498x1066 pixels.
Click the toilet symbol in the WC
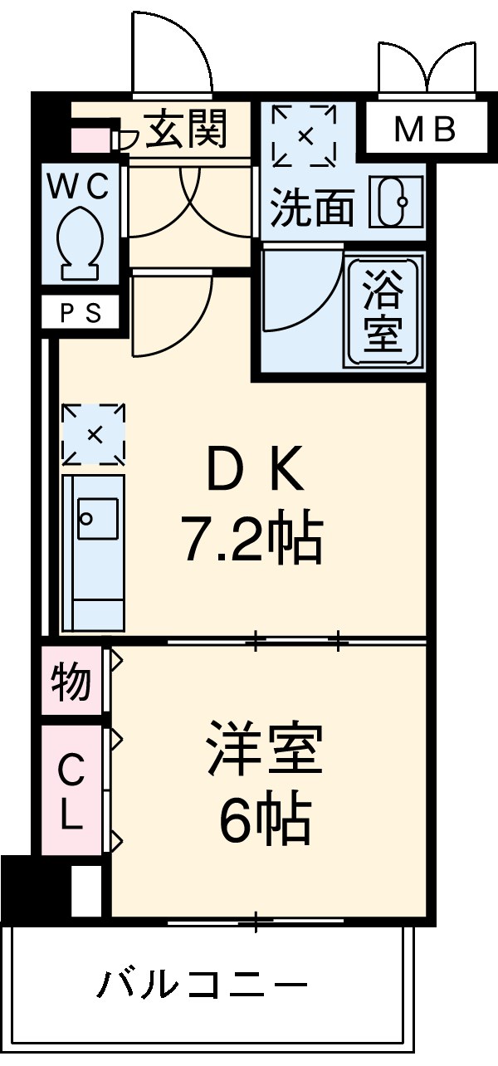pos(80,240)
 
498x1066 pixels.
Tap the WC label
pos(77,188)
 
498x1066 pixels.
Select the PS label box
pos(81,314)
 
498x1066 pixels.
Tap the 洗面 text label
pos(313,208)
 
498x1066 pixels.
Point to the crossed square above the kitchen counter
pos(93,434)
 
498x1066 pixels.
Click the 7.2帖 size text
pos(250,540)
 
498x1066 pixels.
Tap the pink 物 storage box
pos(72,681)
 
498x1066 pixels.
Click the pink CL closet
pos(71,790)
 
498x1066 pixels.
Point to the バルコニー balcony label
pos(203,986)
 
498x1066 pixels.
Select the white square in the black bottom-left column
pos(85,890)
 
